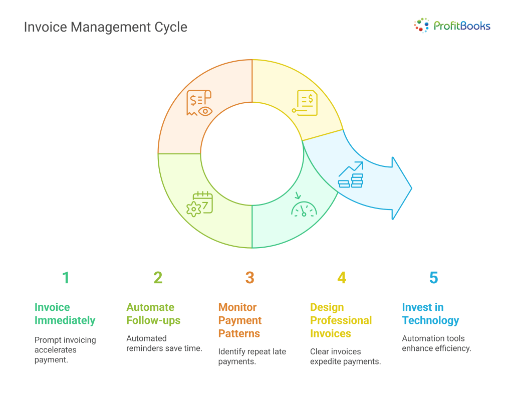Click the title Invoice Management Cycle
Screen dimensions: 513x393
pyautogui.click(x=105, y=27)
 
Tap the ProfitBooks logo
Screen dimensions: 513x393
pyautogui.click(x=452, y=26)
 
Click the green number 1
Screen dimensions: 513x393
pyautogui.click(x=66, y=278)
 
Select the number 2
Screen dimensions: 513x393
pyautogui.click(x=158, y=278)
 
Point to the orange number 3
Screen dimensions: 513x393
pyautogui.click(x=250, y=278)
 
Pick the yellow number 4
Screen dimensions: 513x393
pyautogui.click(x=342, y=278)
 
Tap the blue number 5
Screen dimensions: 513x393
pyautogui.click(x=434, y=278)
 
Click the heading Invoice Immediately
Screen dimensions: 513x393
pyautogui.click(x=65, y=314)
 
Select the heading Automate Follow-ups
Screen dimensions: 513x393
pyautogui.click(x=153, y=314)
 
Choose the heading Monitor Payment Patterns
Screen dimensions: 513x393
pyautogui.click(x=240, y=320)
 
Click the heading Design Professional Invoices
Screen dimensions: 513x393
pyautogui.click(x=341, y=320)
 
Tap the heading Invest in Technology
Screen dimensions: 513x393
pyautogui.click(x=430, y=314)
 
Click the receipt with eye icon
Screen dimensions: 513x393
pyautogui.click(x=199, y=103)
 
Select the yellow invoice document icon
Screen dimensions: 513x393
pyautogui.click(x=305, y=103)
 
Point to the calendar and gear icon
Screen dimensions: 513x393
pyautogui.click(x=199, y=204)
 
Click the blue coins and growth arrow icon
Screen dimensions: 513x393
pyautogui.click(x=351, y=174)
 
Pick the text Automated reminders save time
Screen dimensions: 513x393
pyautogui.click(x=164, y=343)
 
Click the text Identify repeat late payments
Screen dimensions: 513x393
pyautogui.click(x=252, y=356)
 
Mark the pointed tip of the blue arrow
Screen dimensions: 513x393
pyautogui.click(x=412, y=188)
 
